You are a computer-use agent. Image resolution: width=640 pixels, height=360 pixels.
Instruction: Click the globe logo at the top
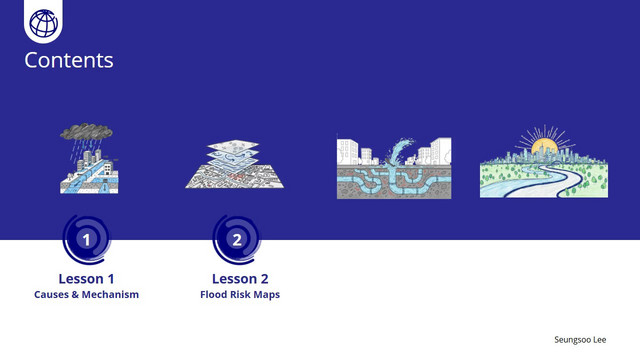pos(44,23)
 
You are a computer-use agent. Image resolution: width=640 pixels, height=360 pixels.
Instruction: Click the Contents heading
pos(69,60)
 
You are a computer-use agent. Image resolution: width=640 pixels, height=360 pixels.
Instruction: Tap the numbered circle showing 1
pos(87,240)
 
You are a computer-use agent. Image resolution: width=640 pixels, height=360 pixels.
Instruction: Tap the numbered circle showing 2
pos(237,240)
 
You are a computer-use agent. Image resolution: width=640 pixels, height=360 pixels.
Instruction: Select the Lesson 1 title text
pos(87,279)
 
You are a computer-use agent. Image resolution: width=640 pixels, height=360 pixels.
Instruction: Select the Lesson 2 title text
pos(240,279)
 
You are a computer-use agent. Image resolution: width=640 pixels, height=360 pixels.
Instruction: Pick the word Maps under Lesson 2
pos(267,295)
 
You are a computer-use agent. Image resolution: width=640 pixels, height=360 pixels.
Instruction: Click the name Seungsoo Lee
pos(580,340)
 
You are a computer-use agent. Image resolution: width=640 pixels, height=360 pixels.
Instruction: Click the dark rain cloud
pos(87,131)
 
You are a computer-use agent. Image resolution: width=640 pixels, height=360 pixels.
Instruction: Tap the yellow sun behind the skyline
pos(544,145)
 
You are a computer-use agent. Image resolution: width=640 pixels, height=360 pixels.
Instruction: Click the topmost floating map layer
pos(233,146)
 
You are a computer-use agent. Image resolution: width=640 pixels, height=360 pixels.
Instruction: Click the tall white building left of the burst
pos(348,152)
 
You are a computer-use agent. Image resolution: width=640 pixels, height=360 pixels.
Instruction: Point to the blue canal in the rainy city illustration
pos(87,180)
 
